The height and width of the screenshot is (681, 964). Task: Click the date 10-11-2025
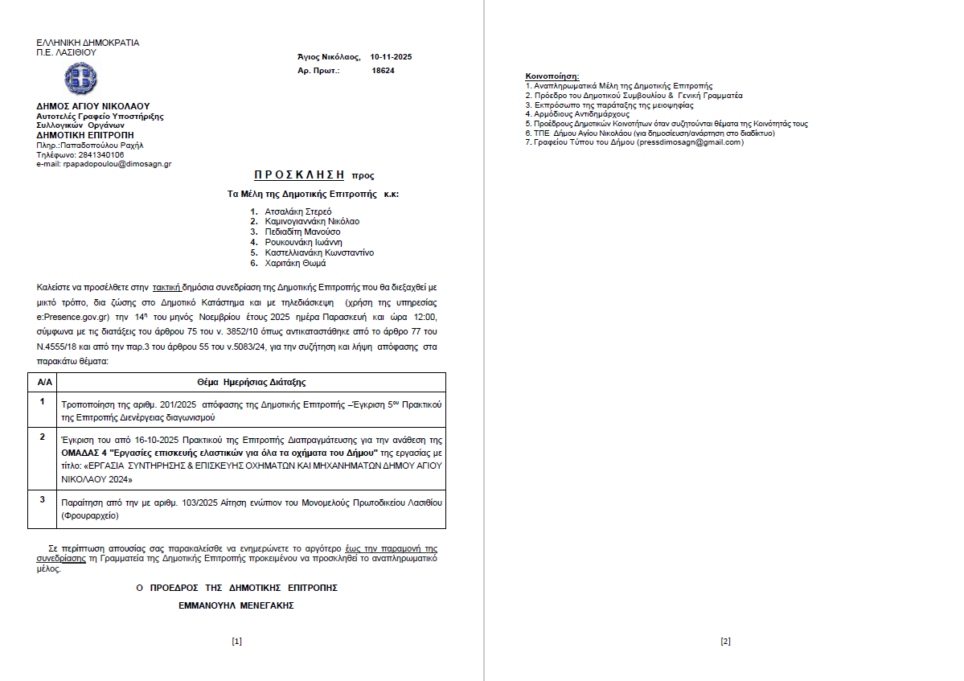tap(391, 57)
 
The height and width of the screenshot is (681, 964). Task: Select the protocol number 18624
tap(383, 71)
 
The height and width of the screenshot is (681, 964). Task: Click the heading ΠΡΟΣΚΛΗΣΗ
tap(299, 174)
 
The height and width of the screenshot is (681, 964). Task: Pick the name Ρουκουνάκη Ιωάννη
tap(303, 242)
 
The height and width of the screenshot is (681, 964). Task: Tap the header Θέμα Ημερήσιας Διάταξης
tap(251, 382)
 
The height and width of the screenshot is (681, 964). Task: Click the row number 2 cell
tap(42, 437)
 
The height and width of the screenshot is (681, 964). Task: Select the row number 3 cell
tap(42, 499)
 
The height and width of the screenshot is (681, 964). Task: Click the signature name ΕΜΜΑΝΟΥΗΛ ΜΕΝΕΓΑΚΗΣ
tap(236, 605)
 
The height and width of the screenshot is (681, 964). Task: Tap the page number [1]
tap(236, 641)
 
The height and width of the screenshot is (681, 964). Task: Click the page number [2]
tap(725, 641)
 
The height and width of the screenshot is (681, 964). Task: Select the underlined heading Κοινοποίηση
tap(552, 76)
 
